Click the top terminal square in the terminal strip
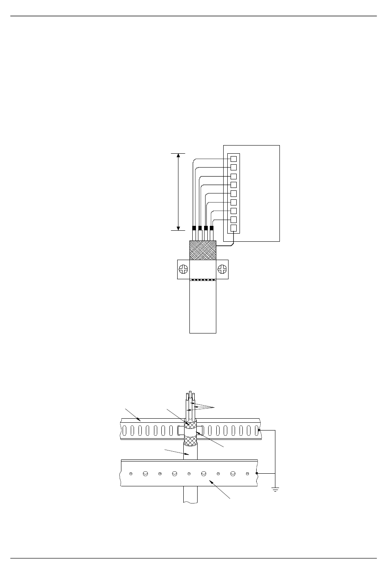click(x=234, y=159)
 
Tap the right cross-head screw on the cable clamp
click(x=222, y=269)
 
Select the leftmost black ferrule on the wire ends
click(x=194, y=228)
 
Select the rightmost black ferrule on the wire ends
click(x=211, y=228)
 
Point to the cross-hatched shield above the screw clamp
click(x=203, y=250)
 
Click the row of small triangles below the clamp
click(x=203, y=280)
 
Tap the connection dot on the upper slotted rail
click(x=259, y=430)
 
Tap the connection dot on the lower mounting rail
click(x=257, y=473)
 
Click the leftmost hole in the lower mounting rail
click(x=130, y=474)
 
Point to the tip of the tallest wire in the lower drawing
click(x=190, y=392)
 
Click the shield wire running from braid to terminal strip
click(x=226, y=246)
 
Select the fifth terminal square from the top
click(x=234, y=194)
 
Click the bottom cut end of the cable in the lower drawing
click(x=190, y=502)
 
